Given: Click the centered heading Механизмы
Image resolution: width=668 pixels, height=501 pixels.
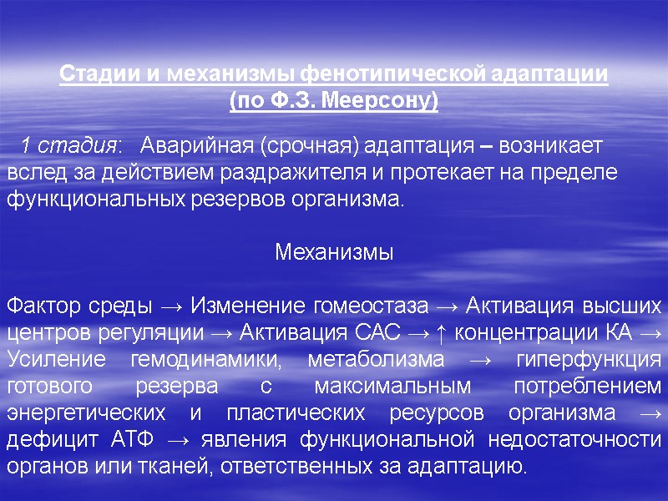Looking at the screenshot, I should tap(334, 252).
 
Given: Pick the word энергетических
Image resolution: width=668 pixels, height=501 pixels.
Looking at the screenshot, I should tap(82, 413).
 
